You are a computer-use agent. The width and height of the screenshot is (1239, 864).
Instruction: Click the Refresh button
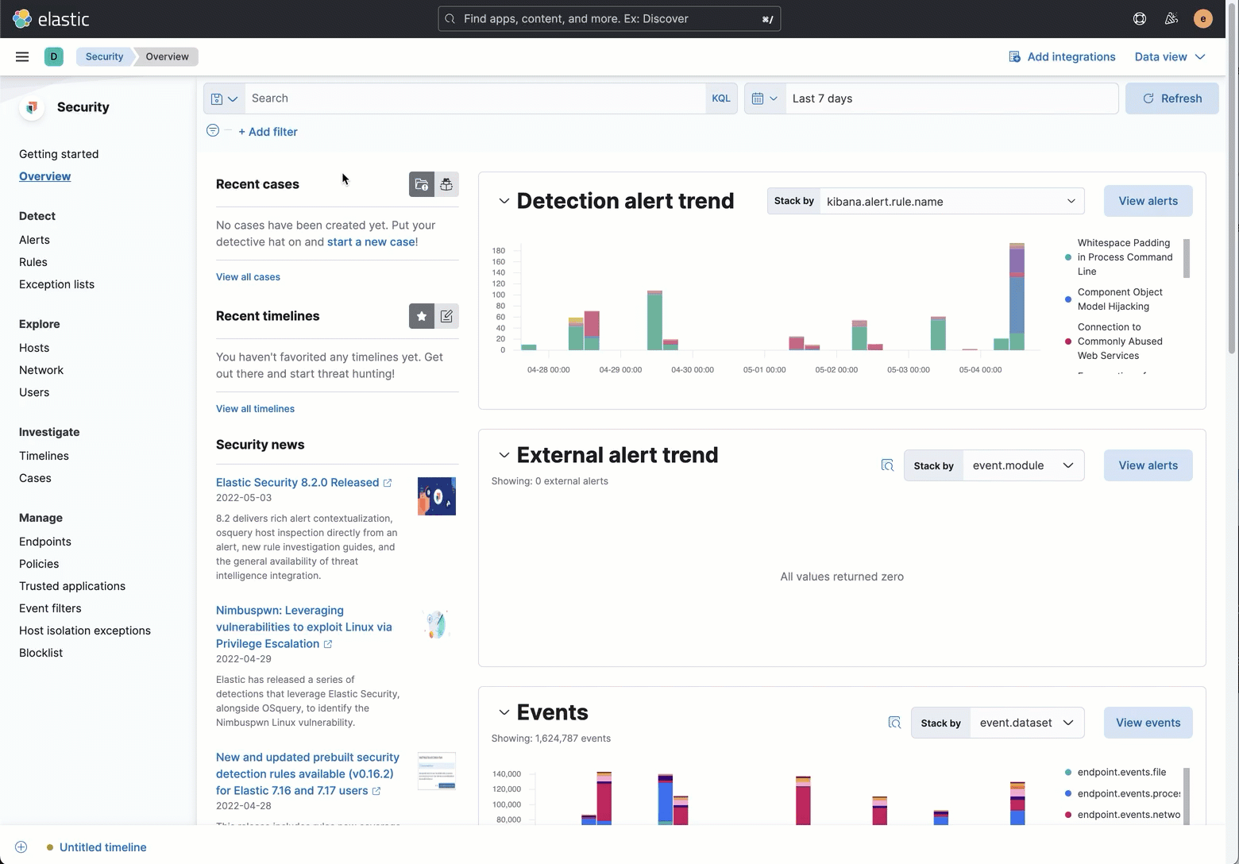[1171, 98]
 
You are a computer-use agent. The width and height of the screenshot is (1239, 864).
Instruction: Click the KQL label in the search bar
[720, 98]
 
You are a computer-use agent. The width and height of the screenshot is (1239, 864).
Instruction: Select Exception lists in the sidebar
[56, 284]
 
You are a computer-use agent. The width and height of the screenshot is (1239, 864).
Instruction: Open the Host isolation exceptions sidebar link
[85, 631]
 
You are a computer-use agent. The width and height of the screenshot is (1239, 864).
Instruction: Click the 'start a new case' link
[371, 241]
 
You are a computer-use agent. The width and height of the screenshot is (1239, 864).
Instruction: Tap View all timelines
[255, 408]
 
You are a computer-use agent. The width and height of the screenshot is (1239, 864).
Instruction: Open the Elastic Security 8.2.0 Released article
[297, 482]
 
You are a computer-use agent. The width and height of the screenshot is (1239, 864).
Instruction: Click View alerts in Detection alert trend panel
[1148, 201]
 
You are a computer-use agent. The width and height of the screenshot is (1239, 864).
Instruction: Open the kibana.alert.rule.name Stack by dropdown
[951, 201]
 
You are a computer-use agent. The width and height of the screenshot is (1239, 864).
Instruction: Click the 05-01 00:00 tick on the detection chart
[764, 369]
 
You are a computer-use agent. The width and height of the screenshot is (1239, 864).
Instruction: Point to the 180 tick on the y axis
[499, 250]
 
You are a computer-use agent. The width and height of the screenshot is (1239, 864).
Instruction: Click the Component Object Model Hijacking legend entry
[1120, 299]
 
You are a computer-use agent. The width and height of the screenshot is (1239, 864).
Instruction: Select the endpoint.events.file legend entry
[1121, 772]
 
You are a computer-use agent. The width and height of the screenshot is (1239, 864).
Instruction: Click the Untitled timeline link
[102, 847]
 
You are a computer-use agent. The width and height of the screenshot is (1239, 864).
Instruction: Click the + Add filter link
[268, 132]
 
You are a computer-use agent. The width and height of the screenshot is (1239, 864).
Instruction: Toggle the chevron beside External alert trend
[504, 455]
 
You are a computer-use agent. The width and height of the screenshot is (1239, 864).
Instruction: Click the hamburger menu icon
[22, 56]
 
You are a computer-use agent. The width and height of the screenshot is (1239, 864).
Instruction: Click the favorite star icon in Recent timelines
[422, 316]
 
